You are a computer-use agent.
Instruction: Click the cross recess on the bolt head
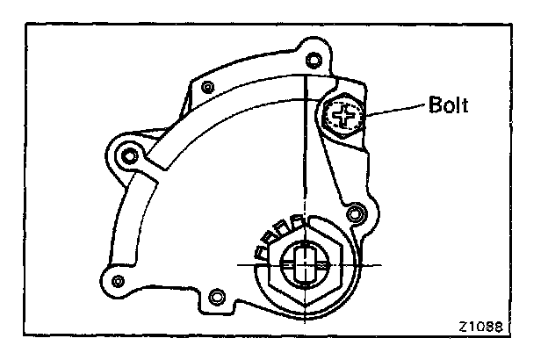coord(344,114)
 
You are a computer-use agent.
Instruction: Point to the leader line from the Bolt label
coord(394,109)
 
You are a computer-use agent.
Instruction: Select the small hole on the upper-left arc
coord(207,87)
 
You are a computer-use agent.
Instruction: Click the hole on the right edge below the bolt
coord(355,213)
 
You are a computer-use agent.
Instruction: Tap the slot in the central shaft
coord(306,263)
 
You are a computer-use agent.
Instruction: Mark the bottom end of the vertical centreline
coord(306,318)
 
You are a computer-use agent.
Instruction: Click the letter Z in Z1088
coord(462,327)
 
